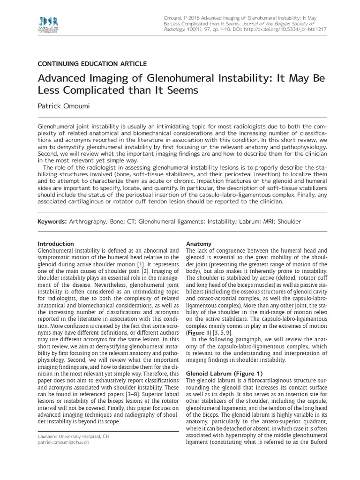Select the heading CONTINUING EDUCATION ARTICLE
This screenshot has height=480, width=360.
tap(92, 64)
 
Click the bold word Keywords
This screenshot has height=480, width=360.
tap(52, 221)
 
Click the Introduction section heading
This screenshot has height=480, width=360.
tap(55, 244)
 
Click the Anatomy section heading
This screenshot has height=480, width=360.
tap(199, 244)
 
